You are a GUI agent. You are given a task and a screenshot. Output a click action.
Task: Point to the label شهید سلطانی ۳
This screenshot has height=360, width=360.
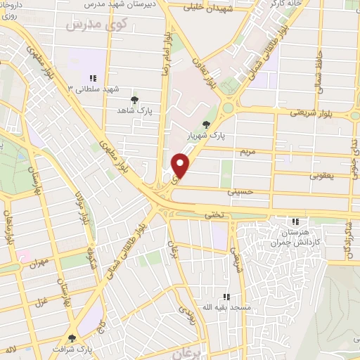pyautogui.click(x=94, y=89)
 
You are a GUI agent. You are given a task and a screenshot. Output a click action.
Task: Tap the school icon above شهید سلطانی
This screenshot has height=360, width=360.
pyautogui.click(x=93, y=78)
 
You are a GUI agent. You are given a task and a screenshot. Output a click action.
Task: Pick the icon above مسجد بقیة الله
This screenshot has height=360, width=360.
pyautogui.click(x=226, y=297)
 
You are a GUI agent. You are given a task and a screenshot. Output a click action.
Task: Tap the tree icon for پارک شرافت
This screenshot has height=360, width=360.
pyautogui.click(x=71, y=337)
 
